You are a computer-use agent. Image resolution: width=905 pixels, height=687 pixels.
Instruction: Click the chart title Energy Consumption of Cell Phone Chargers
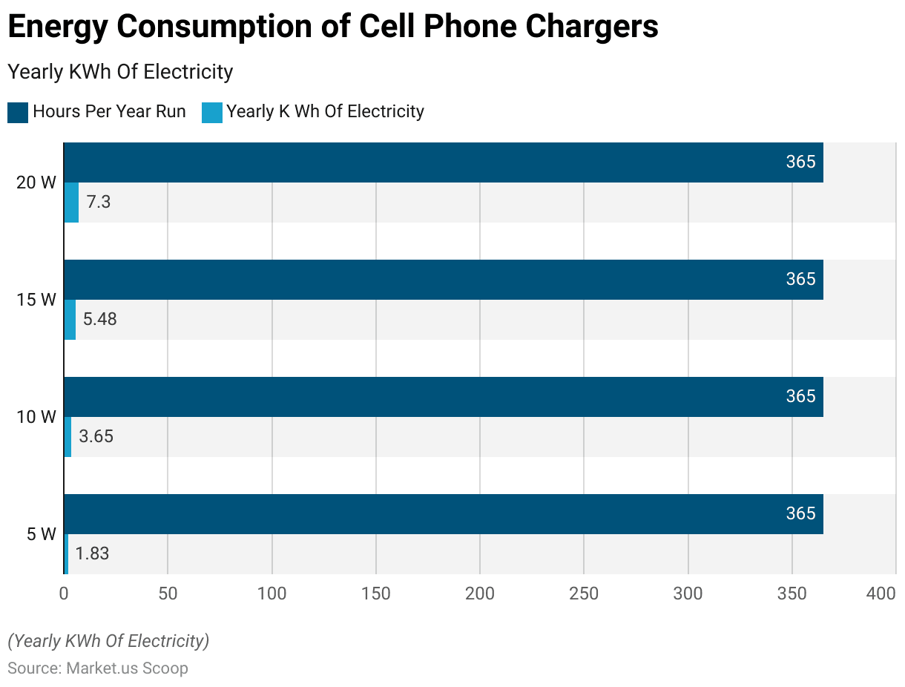click(x=332, y=27)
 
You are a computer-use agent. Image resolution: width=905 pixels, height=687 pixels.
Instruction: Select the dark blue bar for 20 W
click(x=444, y=162)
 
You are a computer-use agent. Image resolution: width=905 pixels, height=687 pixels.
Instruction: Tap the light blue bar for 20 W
click(x=71, y=203)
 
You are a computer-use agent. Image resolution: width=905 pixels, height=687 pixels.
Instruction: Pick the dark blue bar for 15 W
click(x=444, y=280)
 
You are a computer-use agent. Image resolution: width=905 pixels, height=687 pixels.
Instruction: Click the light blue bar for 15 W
click(x=70, y=320)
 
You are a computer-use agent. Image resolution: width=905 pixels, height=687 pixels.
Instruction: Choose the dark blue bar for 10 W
click(x=444, y=397)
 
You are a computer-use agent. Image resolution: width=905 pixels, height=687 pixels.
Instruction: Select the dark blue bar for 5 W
click(x=444, y=514)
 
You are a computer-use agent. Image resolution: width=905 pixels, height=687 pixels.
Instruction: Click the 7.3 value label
click(x=98, y=203)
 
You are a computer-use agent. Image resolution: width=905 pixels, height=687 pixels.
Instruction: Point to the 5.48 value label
click(x=99, y=320)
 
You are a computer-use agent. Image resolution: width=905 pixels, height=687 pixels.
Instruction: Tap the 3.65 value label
click(x=96, y=437)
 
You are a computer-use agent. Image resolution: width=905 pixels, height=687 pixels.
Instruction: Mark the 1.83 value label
click(x=92, y=554)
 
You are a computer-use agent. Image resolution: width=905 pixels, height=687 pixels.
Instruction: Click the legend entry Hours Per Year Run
click(x=97, y=112)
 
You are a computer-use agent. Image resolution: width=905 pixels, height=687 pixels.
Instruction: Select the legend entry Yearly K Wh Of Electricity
click(x=315, y=112)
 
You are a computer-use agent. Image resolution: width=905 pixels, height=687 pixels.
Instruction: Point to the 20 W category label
click(x=36, y=183)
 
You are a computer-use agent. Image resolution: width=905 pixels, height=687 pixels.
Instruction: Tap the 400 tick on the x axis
click(x=881, y=594)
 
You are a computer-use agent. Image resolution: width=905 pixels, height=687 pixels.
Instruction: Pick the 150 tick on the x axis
click(x=376, y=594)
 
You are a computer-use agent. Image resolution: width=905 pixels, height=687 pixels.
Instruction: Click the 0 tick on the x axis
click(x=64, y=594)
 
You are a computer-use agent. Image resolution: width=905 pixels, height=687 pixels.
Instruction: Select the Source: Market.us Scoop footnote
click(x=98, y=668)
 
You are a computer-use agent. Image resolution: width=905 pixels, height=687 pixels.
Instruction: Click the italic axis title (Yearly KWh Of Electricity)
click(x=108, y=641)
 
